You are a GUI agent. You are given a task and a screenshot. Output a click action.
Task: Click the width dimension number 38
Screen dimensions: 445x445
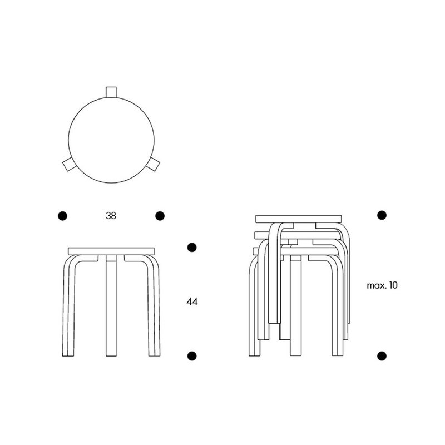pos(111,216)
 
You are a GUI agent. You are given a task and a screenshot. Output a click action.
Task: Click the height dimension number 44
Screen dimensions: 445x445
pos(192,301)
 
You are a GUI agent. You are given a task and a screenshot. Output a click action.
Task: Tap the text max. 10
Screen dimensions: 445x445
pos(382,285)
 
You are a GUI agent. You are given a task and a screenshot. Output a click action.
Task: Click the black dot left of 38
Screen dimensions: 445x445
pos(62,216)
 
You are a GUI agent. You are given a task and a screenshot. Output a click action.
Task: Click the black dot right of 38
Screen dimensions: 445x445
pos(160,216)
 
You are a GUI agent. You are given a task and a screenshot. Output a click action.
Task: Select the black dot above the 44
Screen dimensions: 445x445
pos(192,247)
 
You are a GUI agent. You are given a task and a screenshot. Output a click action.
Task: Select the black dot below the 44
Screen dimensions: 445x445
pos(192,355)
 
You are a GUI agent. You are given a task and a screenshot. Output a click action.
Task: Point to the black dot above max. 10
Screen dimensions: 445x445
pos(382,215)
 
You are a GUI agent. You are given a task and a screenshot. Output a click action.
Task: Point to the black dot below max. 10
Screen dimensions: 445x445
pos(382,355)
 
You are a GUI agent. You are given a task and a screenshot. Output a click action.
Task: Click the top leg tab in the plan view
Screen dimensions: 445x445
pos(111,92)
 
